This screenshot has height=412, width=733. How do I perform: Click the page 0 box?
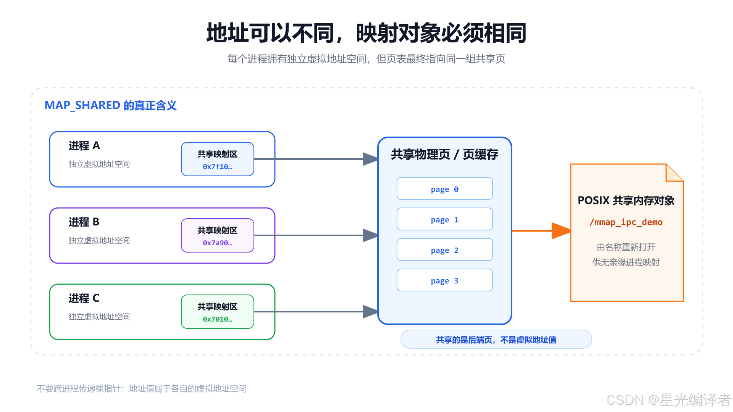coord(445,188)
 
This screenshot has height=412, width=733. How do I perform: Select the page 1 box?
coord(445,219)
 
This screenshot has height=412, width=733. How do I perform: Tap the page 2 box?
coord(445,249)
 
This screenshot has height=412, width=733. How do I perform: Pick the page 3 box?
coord(445,280)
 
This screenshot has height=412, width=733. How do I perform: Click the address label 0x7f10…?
coord(218,167)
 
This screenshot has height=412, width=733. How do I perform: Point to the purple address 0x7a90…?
coord(218,243)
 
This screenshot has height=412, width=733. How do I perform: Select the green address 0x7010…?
coord(218,319)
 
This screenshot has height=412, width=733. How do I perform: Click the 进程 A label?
coord(84,146)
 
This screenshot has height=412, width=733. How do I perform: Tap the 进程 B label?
coord(84,222)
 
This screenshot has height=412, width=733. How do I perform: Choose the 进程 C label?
coord(84,298)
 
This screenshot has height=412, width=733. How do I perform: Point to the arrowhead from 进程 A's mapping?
coord(370,159)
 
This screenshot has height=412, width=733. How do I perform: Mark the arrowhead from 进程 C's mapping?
coord(370,312)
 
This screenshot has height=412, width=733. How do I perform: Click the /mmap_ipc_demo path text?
coord(626,222)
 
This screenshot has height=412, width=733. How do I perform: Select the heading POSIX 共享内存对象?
coord(626,201)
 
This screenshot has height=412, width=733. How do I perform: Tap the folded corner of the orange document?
coord(675,172)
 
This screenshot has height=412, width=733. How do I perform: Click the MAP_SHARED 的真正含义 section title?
coord(111,105)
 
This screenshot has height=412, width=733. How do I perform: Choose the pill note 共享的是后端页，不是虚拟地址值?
coord(496,340)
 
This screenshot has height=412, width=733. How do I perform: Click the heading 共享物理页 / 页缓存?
coord(445,154)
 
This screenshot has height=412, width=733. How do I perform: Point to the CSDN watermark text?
coord(668,400)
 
